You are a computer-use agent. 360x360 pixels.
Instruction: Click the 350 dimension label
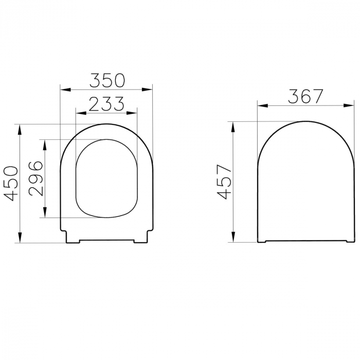tap(107, 80)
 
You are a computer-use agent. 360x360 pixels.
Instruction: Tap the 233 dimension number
tap(106, 104)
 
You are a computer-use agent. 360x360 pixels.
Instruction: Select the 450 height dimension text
tap(11, 184)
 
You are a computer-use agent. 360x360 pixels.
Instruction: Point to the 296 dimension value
tap(36, 178)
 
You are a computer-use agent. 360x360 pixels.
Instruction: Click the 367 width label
tap(306, 96)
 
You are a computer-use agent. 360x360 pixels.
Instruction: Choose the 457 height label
tap(224, 182)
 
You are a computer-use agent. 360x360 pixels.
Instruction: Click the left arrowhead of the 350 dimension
tap(65, 90)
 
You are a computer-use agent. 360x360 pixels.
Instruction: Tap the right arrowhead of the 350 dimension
tap(148, 90)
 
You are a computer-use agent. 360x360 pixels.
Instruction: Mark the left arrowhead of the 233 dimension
tap(81, 113)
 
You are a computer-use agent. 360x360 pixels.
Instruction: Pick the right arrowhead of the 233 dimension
tap(132, 113)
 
